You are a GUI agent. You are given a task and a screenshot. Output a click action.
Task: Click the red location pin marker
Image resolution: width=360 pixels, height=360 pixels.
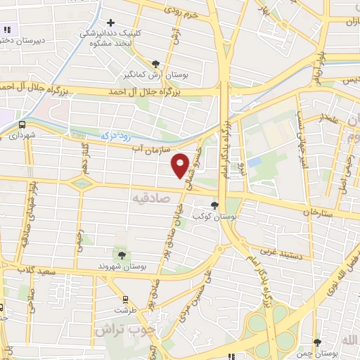pyautogui.click(x=181, y=165)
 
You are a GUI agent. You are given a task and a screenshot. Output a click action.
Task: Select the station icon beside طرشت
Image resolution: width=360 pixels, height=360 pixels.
pyautogui.click(x=125, y=298)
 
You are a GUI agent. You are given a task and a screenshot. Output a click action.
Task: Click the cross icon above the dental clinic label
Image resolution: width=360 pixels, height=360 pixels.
pyautogui.click(x=110, y=22)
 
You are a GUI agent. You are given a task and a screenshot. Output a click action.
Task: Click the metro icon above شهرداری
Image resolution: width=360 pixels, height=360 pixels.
pyautogui.click(x=22, y=124)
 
